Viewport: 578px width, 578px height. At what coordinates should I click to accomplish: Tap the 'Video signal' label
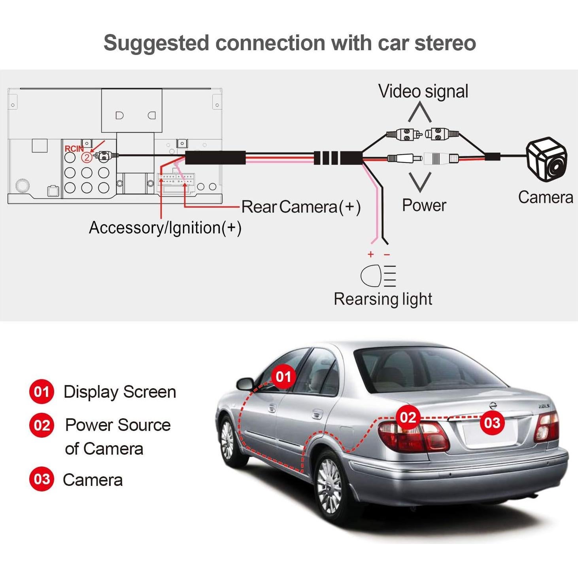tap(423, 91)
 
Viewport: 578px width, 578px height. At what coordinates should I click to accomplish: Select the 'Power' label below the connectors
tap(424, 205)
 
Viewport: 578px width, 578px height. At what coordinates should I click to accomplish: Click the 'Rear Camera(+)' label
tap(301, 207)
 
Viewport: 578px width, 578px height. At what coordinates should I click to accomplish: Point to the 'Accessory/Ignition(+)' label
tap(165, 228)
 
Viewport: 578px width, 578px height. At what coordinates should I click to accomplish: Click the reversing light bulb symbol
tap(378, 276)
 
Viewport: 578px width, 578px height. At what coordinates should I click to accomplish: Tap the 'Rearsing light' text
tap(383, 299)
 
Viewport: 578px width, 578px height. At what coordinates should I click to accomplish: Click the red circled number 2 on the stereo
tap(87, 157)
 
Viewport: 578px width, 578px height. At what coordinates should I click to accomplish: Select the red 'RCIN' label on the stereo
tap(74, 149)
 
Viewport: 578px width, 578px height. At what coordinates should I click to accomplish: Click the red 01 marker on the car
tap(283, 377)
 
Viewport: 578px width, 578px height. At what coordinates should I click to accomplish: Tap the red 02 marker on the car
tap(408, 417)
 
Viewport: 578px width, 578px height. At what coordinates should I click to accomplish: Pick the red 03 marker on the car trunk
tap(492, 423)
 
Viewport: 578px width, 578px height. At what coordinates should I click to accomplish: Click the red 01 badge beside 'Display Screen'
tap(42, 392)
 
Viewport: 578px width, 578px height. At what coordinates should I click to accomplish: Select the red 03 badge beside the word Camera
tap(42, 479)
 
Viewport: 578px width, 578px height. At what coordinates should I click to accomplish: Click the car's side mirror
tap(245, 383)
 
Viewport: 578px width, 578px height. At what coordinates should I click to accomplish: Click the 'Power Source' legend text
tap(118, 425)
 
